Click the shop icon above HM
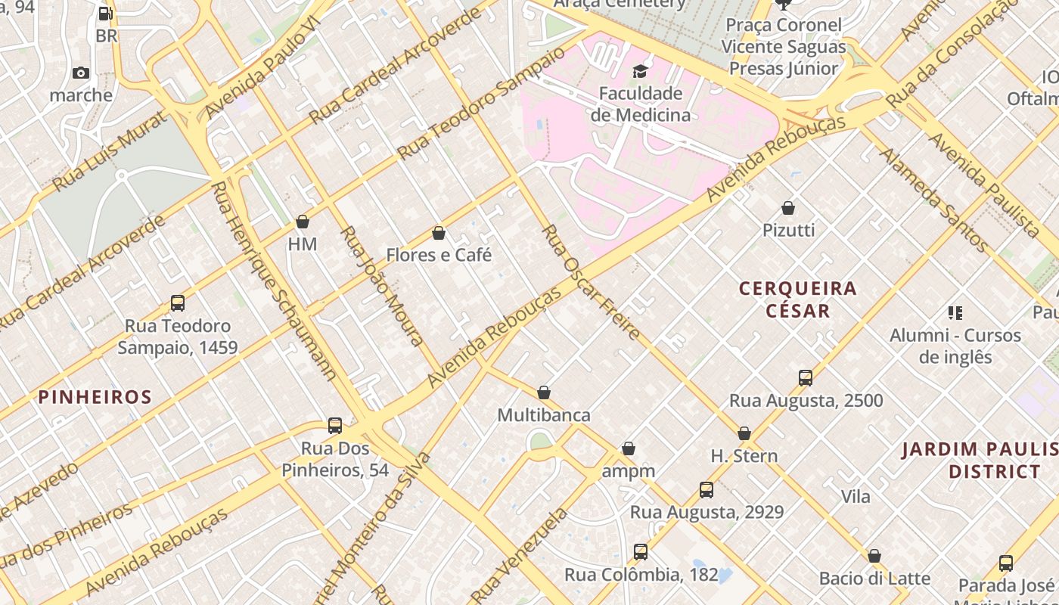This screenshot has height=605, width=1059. click(303, 222)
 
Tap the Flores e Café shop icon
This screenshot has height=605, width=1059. click(438, 233)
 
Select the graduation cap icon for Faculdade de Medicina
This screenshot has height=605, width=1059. click(641, 72)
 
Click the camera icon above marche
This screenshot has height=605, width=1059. click(81, 73)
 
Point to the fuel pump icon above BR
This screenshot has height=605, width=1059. click(106, 14)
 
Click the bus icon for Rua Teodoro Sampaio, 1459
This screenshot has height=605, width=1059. click(178, 303)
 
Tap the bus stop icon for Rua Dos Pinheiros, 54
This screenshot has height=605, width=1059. click(335, 426)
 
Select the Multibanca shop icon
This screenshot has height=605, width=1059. click(543, 392)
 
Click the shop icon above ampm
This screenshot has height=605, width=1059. click(628, 449)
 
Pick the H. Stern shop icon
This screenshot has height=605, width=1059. click(744, 433)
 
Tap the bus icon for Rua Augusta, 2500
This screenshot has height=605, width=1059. click(806, 378)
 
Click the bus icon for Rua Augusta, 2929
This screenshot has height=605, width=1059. click(707, 490)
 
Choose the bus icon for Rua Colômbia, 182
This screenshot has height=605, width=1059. click(641, 552)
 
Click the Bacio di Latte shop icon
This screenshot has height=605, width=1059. click(874, 556)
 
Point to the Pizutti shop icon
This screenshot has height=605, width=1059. click(788, 207)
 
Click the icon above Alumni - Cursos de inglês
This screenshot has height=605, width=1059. click(955, 312)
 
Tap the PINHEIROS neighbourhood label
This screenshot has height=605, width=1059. click(95, 397)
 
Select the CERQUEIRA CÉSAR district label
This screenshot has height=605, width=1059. click(798, 299)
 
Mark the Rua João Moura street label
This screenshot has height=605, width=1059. click(383, 286)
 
